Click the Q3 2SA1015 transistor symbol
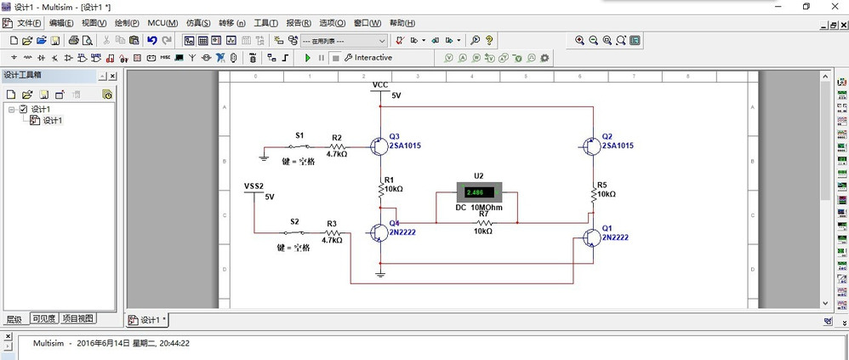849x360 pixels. tap(378, 146)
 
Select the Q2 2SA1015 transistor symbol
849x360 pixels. tap(590, 146)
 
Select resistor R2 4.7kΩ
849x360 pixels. tap(337, 146)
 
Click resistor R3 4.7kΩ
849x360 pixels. tap(332, 232)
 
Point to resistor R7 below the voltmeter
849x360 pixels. tap(481, 223)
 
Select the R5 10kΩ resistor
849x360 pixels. tap(593, 194)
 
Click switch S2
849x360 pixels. tap(294, 232)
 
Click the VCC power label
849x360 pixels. tap(380, 85)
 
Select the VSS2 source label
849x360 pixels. tap(254, 186)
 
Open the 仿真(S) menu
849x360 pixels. tap(198, 23)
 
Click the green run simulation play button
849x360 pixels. tap(308, 58)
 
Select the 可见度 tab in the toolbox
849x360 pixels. tap(43, 319)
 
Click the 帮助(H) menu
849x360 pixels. tap(402, 23)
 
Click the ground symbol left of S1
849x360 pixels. tap(264, 157)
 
